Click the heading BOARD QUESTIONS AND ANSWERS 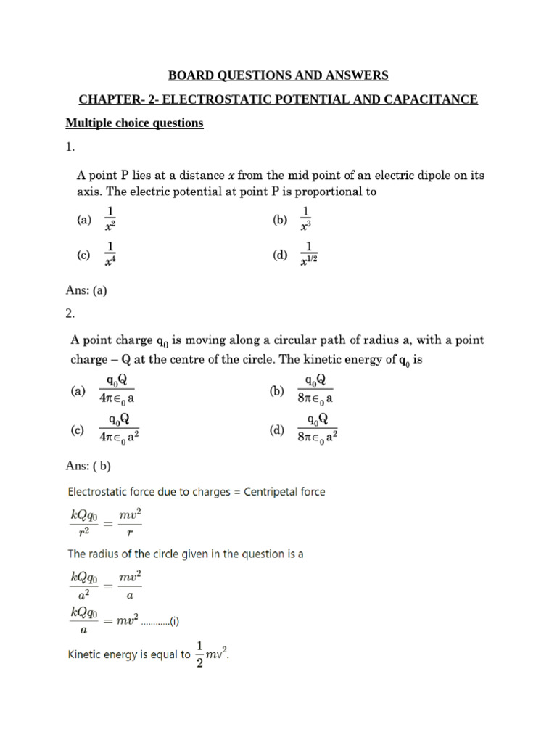click(278, 75)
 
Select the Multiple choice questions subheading click(134, 123)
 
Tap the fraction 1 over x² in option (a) click(111, 218)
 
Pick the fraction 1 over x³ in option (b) click(305, 218)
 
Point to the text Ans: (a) click(86, 291)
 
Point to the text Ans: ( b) click(88, 466)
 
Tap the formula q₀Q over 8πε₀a click(315, 390)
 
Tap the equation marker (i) click(174, 622)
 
